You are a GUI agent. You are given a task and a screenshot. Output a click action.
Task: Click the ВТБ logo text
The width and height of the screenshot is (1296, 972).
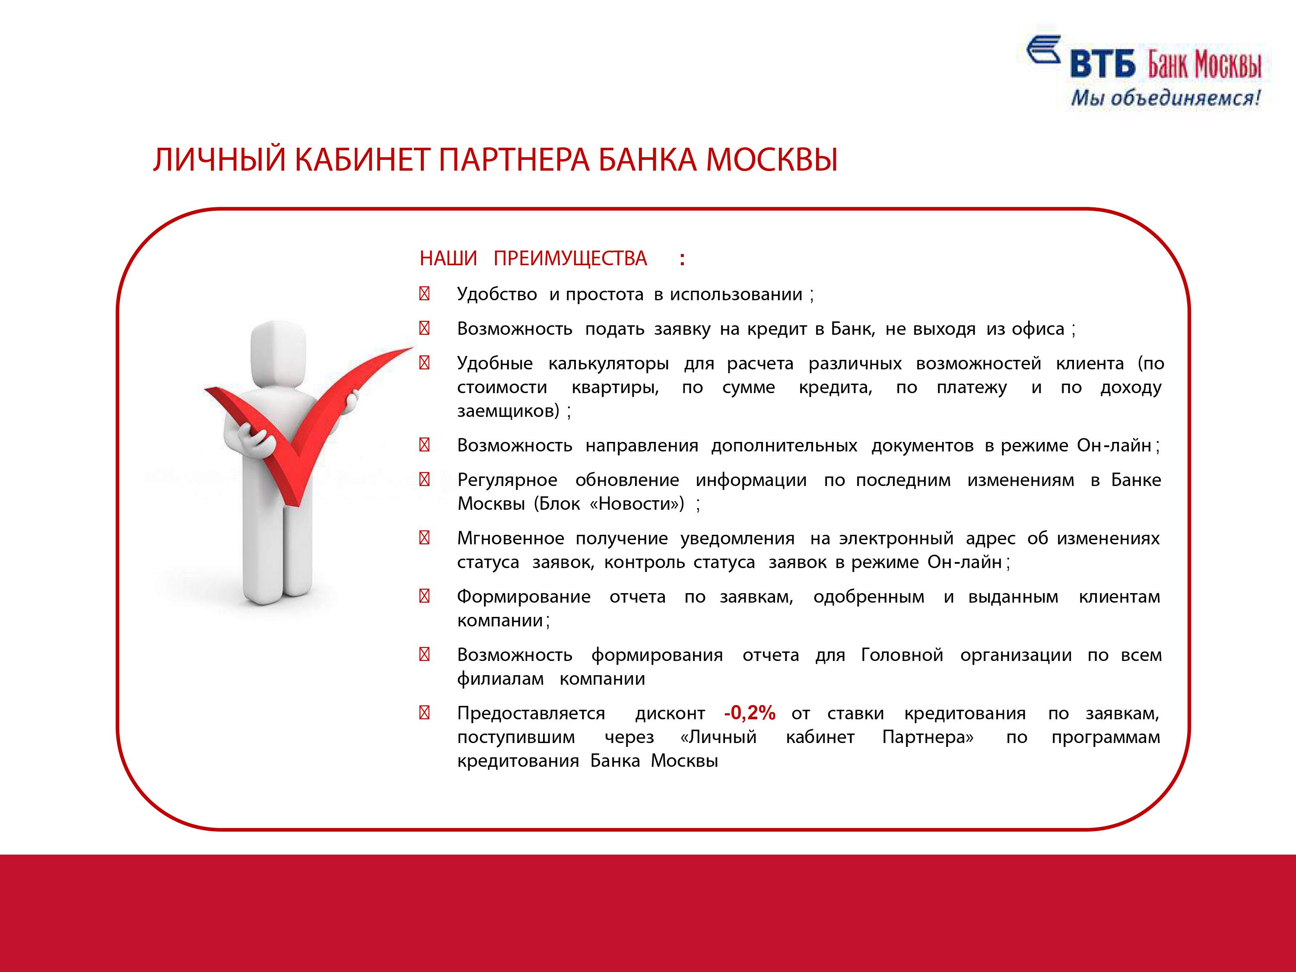tap(1102, 64)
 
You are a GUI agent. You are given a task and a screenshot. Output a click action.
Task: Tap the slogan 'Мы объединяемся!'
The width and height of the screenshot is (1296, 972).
tap(1166, 97)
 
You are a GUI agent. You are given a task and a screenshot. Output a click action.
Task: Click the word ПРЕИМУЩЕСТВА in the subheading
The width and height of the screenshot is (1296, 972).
tap(570, 258)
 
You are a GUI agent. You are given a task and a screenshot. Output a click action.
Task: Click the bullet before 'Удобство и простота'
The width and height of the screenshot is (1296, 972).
tap(425, 293)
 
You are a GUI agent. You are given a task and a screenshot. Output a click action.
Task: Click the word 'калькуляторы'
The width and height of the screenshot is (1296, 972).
tap(609, 364)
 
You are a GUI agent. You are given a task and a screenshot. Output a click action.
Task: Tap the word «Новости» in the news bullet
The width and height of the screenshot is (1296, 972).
tap(637, 503)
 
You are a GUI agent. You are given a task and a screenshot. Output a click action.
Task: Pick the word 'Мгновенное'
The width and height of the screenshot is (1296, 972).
tap(510, 538)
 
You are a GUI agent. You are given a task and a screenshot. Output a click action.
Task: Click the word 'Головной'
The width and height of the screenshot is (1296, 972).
tap(902, 654)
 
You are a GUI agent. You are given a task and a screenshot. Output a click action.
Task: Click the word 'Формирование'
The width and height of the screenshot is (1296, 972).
tap(524, 597)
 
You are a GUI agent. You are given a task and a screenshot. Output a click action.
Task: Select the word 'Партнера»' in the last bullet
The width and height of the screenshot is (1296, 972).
tap(928, 737)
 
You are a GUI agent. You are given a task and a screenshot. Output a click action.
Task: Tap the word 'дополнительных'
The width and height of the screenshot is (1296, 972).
tap(784, 446)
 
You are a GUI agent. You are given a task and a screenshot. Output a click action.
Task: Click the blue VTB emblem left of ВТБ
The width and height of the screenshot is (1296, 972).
tap(1043, 49)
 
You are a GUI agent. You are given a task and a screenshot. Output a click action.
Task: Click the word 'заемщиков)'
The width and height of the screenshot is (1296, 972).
tap(508, 411)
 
